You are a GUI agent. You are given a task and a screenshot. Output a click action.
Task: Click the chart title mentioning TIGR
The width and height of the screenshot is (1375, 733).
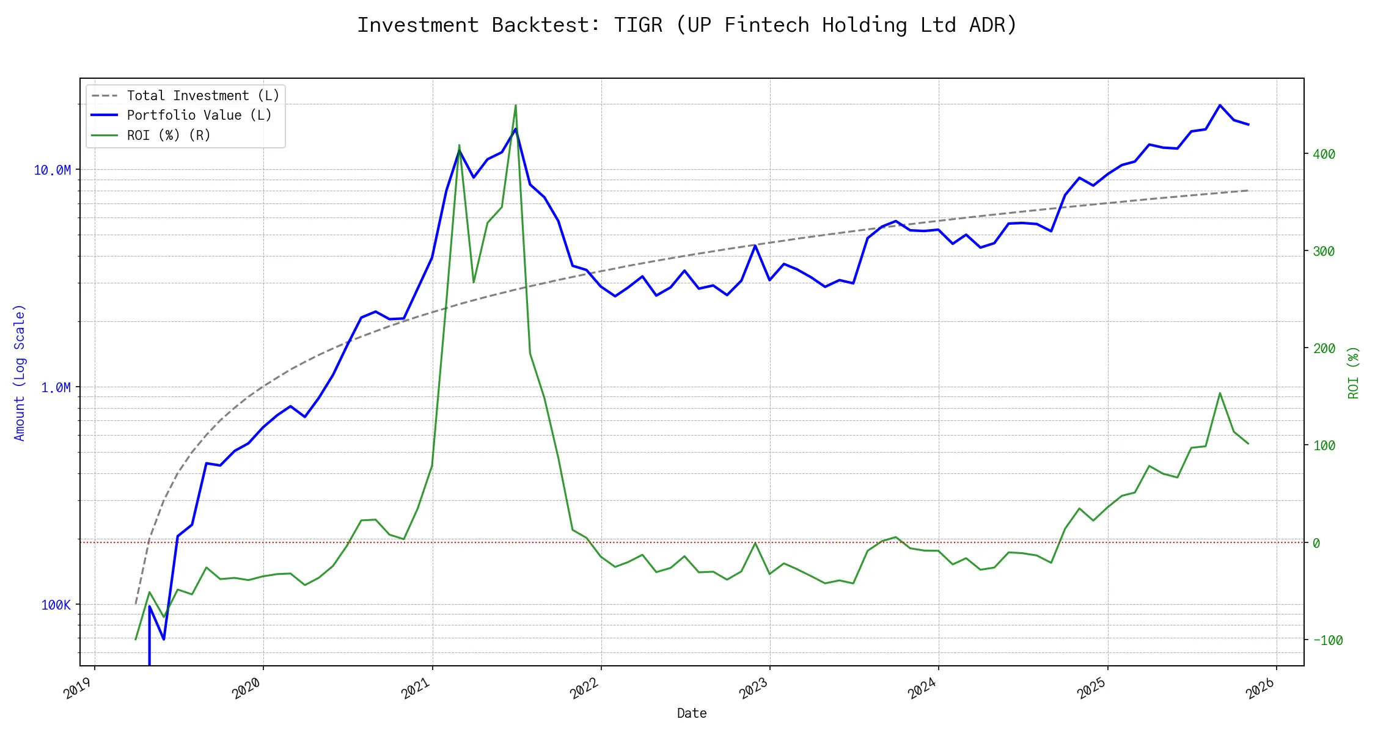687,25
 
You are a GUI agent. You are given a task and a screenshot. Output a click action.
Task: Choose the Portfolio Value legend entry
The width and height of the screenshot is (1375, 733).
199,115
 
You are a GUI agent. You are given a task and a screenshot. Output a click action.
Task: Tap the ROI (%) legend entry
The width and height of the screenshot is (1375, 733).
169,136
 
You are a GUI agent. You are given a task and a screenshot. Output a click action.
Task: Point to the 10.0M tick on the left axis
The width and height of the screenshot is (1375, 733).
52,170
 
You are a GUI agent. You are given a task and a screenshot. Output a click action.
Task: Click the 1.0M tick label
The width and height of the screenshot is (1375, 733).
56,388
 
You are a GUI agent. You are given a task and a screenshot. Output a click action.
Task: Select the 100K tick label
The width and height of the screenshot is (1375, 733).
56,605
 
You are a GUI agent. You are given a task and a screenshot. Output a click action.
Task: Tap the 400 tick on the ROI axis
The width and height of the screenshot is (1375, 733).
1324,155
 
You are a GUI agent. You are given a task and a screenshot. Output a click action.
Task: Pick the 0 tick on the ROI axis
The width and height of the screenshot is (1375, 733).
1316,543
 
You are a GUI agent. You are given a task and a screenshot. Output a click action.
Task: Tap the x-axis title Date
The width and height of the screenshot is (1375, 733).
692,713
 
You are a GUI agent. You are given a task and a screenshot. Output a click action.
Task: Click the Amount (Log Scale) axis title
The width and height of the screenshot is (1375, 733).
20,373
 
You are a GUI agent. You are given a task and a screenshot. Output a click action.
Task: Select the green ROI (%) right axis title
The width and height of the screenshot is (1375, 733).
1354,373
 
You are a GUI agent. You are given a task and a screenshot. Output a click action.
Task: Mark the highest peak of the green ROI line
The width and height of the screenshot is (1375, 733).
516,105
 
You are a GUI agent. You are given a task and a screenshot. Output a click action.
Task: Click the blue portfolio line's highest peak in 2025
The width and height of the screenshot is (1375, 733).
1220,105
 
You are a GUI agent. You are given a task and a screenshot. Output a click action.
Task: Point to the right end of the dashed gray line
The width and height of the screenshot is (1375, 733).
1248,191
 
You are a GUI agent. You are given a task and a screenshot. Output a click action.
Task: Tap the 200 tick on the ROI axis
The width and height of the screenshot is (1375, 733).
1324,349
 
